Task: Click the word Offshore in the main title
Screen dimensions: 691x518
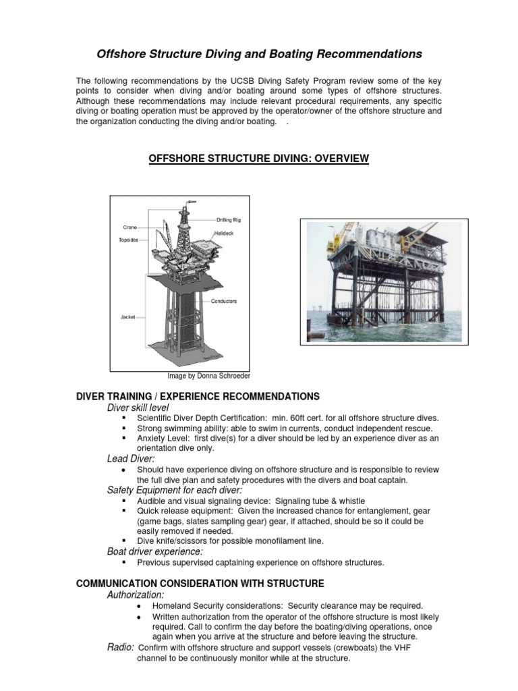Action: (x=121, y=54)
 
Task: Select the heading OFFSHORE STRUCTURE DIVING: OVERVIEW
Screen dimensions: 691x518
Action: (x=258, y=158)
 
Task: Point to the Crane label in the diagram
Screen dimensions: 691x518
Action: (x=130, y=227)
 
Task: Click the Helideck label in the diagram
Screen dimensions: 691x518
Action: (x=224, y=233)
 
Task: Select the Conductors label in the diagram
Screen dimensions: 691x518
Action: (x=223, y=301)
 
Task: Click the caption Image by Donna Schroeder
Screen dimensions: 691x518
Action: (x=208, y=376)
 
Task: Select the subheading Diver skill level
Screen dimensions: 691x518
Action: (x=138, y=408)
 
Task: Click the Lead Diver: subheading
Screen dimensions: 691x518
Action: (x=130, y=458)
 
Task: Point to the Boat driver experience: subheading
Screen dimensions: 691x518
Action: (x=155, y=551)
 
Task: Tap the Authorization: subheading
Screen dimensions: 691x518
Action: (x=136, y=595)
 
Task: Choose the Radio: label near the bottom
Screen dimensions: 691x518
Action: (x=121, y=647)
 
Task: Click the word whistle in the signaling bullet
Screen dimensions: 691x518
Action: (x=351, y=501)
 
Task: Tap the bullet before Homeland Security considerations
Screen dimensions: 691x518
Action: (x=138, y=606)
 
